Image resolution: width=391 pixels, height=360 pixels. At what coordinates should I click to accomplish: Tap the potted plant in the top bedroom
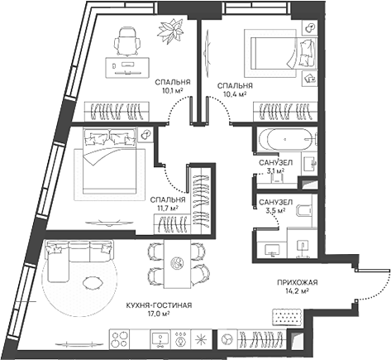[x=172, y=31]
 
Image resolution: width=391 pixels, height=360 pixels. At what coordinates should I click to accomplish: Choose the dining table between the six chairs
[x=177, y=263]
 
